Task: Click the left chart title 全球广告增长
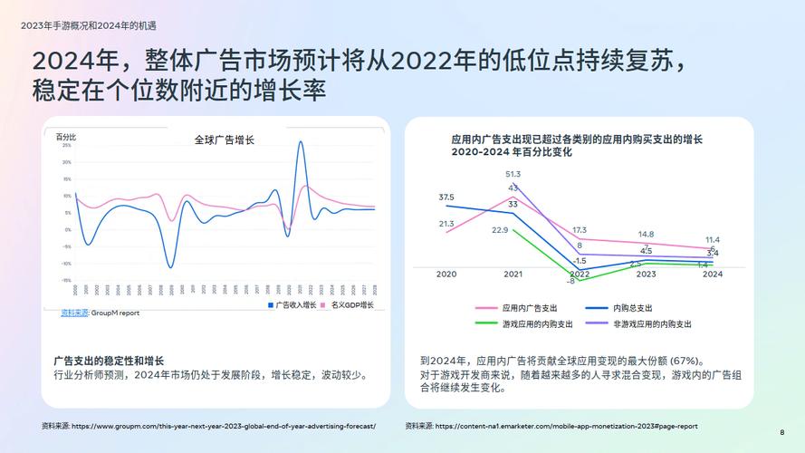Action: (x=224, y=140)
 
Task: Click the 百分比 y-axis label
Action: (x=66, y=137)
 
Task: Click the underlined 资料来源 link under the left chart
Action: (x=74, y=313)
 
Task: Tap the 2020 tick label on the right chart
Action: (x=446, y=275)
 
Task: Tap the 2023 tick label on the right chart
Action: (x=646, y=275)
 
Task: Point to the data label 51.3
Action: (x=513, y=174)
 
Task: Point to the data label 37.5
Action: (x=446, y=197)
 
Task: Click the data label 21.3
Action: (x=446, y=224)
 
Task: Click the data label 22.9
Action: (x=500, y=230)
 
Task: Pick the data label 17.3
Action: (x=580, y=230)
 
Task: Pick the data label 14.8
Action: (x=646, y=234)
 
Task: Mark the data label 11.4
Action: (x=713, y=239)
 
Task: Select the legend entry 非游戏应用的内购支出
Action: (x=652, y=323)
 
